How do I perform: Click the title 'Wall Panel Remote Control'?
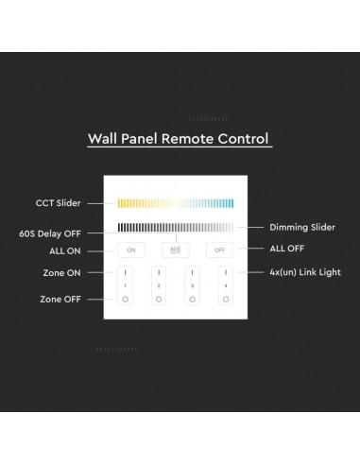178,138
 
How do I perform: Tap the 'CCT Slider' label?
58,203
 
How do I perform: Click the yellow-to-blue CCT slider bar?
176,203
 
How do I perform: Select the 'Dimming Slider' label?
302,227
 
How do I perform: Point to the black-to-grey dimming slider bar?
176,227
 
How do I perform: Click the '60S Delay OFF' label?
48,232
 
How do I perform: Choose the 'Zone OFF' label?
59,299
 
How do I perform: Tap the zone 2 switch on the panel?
160,285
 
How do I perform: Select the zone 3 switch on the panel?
193,285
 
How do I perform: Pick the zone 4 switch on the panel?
226,285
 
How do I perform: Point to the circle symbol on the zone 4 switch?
226,299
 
